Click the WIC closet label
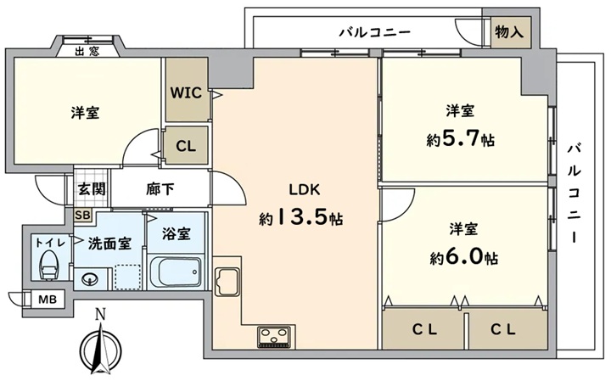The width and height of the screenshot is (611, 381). [x=186, y=92]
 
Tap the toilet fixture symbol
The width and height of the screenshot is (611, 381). [x=48, y=265]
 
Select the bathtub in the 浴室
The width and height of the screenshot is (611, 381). [x=176, y=272]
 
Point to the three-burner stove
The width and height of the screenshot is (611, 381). [x=274, y=337]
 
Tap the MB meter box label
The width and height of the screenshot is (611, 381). [x=48, y=300]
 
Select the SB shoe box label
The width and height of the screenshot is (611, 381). [x=82, y=215]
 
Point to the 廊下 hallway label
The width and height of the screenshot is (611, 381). [x=160, y=189]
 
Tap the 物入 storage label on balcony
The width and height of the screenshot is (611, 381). [x=509, y=32]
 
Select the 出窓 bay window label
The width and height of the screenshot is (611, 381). [x=87, y=51]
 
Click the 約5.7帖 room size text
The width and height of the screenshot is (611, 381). [x=460, y=139]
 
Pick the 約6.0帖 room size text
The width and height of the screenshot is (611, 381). [x=463, y=257]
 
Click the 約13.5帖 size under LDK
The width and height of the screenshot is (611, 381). [x=300, y=219]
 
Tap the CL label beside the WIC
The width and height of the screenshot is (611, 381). [x=186, y=147]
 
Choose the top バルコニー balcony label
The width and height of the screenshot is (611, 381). [x=374, y=32]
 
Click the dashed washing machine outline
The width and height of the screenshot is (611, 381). [x=127, y=277]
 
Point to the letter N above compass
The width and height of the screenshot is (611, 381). [x=101, y=314]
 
